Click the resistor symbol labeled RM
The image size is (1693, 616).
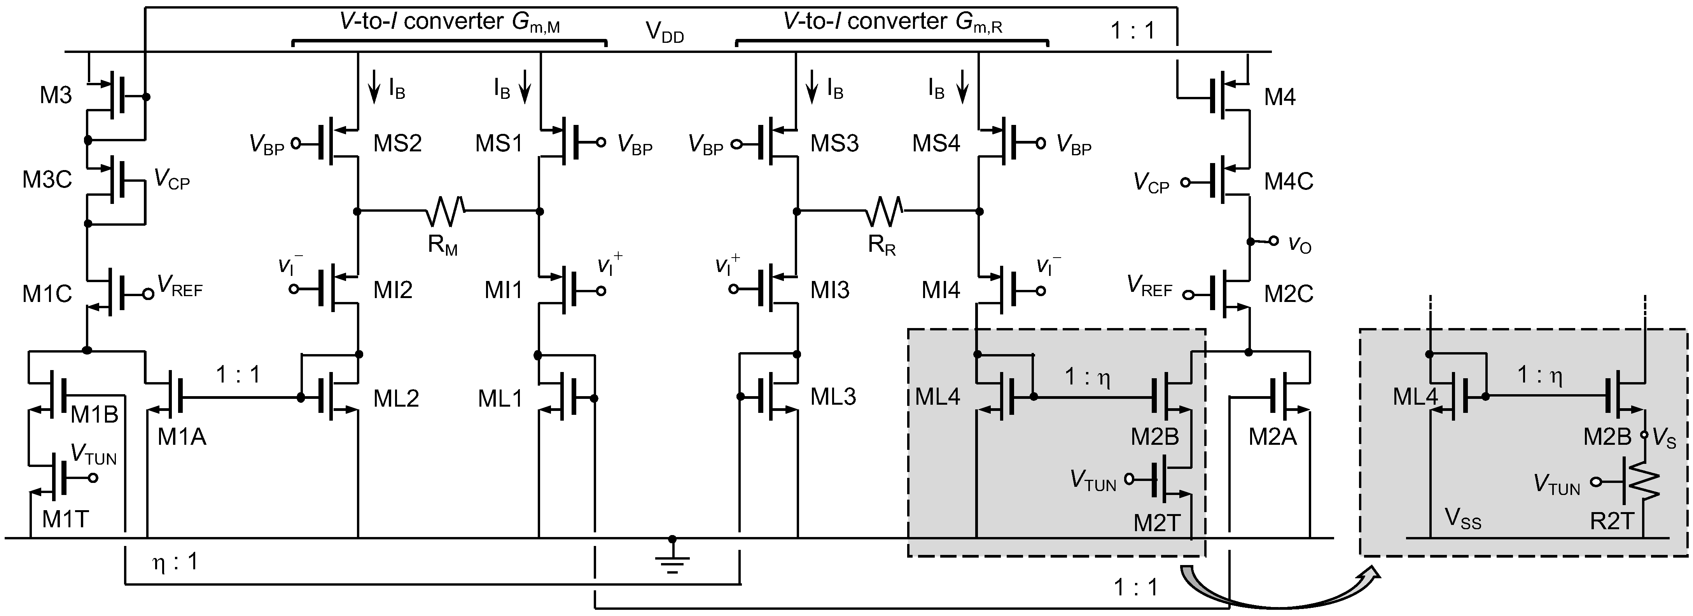pyautogui.click(x=446, y=211)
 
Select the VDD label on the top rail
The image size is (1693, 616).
pyautogui.click(x=665, y=32)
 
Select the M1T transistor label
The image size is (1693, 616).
pyautogui.click(x=65, y=519)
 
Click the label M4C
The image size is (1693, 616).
pyautogui.click(x=1288, y=181)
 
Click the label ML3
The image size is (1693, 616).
pyautogui.click(x=833, y=397)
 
